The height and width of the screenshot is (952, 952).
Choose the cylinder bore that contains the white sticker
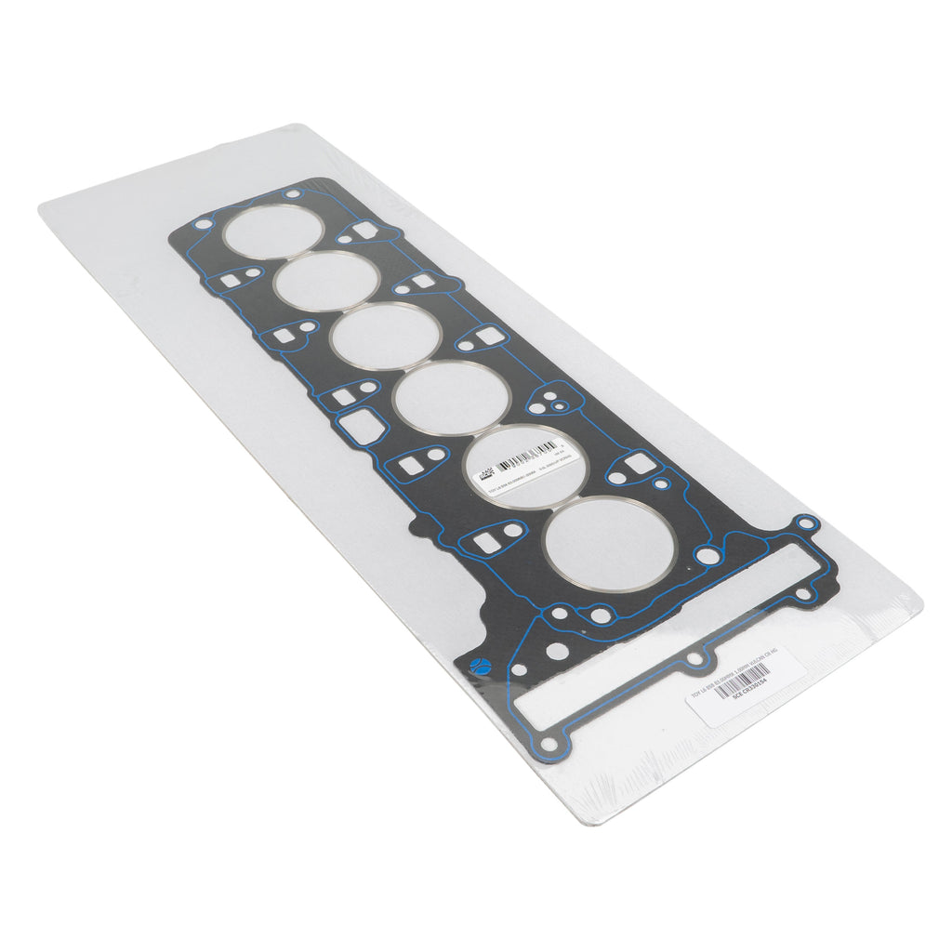[526, 466]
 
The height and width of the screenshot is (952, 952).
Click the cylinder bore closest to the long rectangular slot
[610, 544]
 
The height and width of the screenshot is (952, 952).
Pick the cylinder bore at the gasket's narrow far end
[272, 231]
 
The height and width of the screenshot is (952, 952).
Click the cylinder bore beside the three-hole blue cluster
[452, 398]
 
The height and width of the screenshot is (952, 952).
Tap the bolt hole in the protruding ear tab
[805, 524]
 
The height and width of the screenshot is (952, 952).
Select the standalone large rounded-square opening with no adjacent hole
[356, 427]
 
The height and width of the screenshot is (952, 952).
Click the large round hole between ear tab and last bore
[708, 555]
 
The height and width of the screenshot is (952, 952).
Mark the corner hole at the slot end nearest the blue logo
[549, 744]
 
